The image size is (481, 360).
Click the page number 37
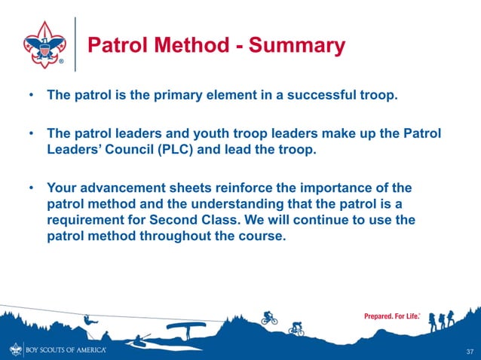click(x=470, y=352)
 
